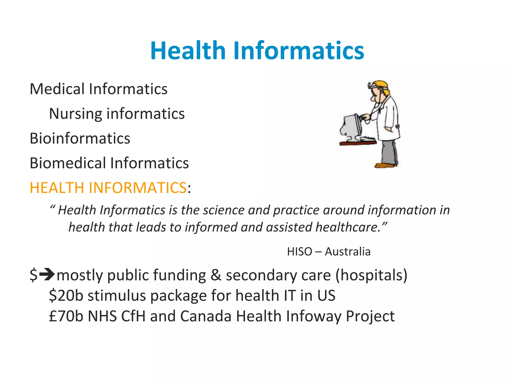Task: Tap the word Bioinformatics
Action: pyautogui.click(x=80, y=138)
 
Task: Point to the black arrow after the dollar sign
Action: pyautogui.click(x=47, y=274)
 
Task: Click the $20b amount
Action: pyautogui.click(x=66, y=296)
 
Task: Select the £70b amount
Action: pyautogui.click(x=66, y=316)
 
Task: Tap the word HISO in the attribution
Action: pyautogui.click(x=299, y=252)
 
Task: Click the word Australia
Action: pyautogui.click(x=348, y=252)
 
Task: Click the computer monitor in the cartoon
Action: pyautogui.click(x=351, y=127)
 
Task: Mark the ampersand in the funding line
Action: pyautogui.click(x=216, y=275)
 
